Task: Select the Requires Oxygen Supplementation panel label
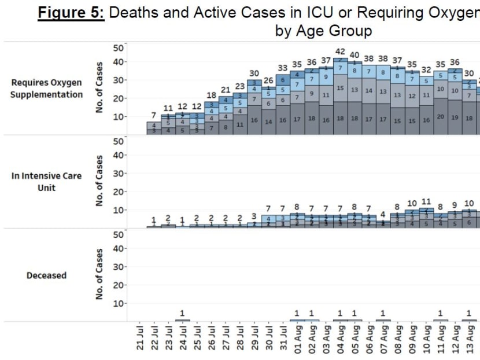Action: click(46, 89)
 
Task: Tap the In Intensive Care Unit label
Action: click(46, 182)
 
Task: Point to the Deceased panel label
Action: click(46, 275)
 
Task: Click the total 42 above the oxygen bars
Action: click(341, 52)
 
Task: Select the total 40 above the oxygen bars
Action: click(355, 56)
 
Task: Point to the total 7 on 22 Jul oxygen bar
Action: click(154, 116)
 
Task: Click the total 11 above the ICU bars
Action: click(427, 202)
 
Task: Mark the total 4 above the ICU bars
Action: click(383, 215)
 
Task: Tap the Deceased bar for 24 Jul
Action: click(183, 319)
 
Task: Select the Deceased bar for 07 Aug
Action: click(383, 319)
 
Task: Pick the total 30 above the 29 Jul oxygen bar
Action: click(254, 74)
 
